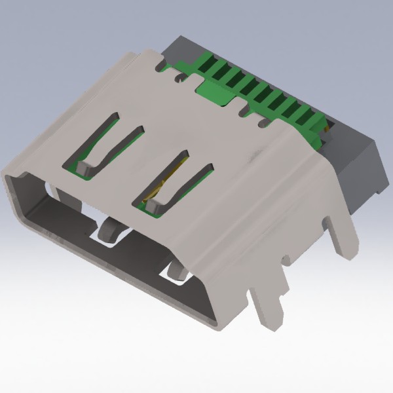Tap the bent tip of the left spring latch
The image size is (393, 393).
tap(84, 168)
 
